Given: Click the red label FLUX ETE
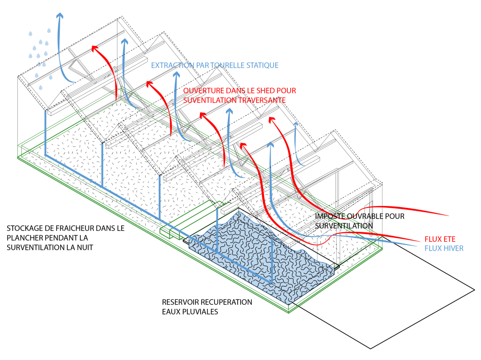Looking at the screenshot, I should point(440,239).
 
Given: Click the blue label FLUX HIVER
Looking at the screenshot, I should point(444,248).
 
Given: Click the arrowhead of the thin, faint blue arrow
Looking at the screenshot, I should point(295,125).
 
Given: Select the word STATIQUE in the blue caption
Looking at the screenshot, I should point(263,66).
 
